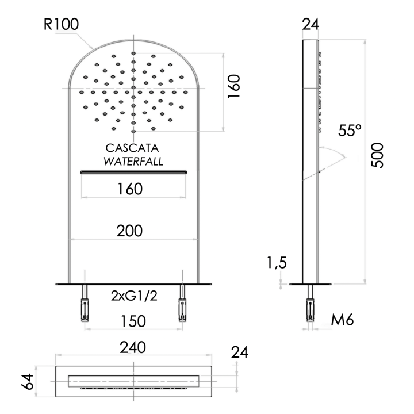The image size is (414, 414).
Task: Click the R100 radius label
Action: pos(61,24)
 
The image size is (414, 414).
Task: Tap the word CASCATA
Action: pos(132,148)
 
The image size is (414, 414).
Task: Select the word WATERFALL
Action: pos(133,161)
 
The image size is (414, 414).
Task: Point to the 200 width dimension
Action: pos(129,231)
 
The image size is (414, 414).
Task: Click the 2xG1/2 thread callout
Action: pos(134,296)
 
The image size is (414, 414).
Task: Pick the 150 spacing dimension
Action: pos(133,321)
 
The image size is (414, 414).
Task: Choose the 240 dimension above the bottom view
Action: pos(133,347)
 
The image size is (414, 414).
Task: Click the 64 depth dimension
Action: pos(28,382)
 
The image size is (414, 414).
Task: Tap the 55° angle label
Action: pos(350,130)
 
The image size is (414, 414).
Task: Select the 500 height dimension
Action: pos(377,155)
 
